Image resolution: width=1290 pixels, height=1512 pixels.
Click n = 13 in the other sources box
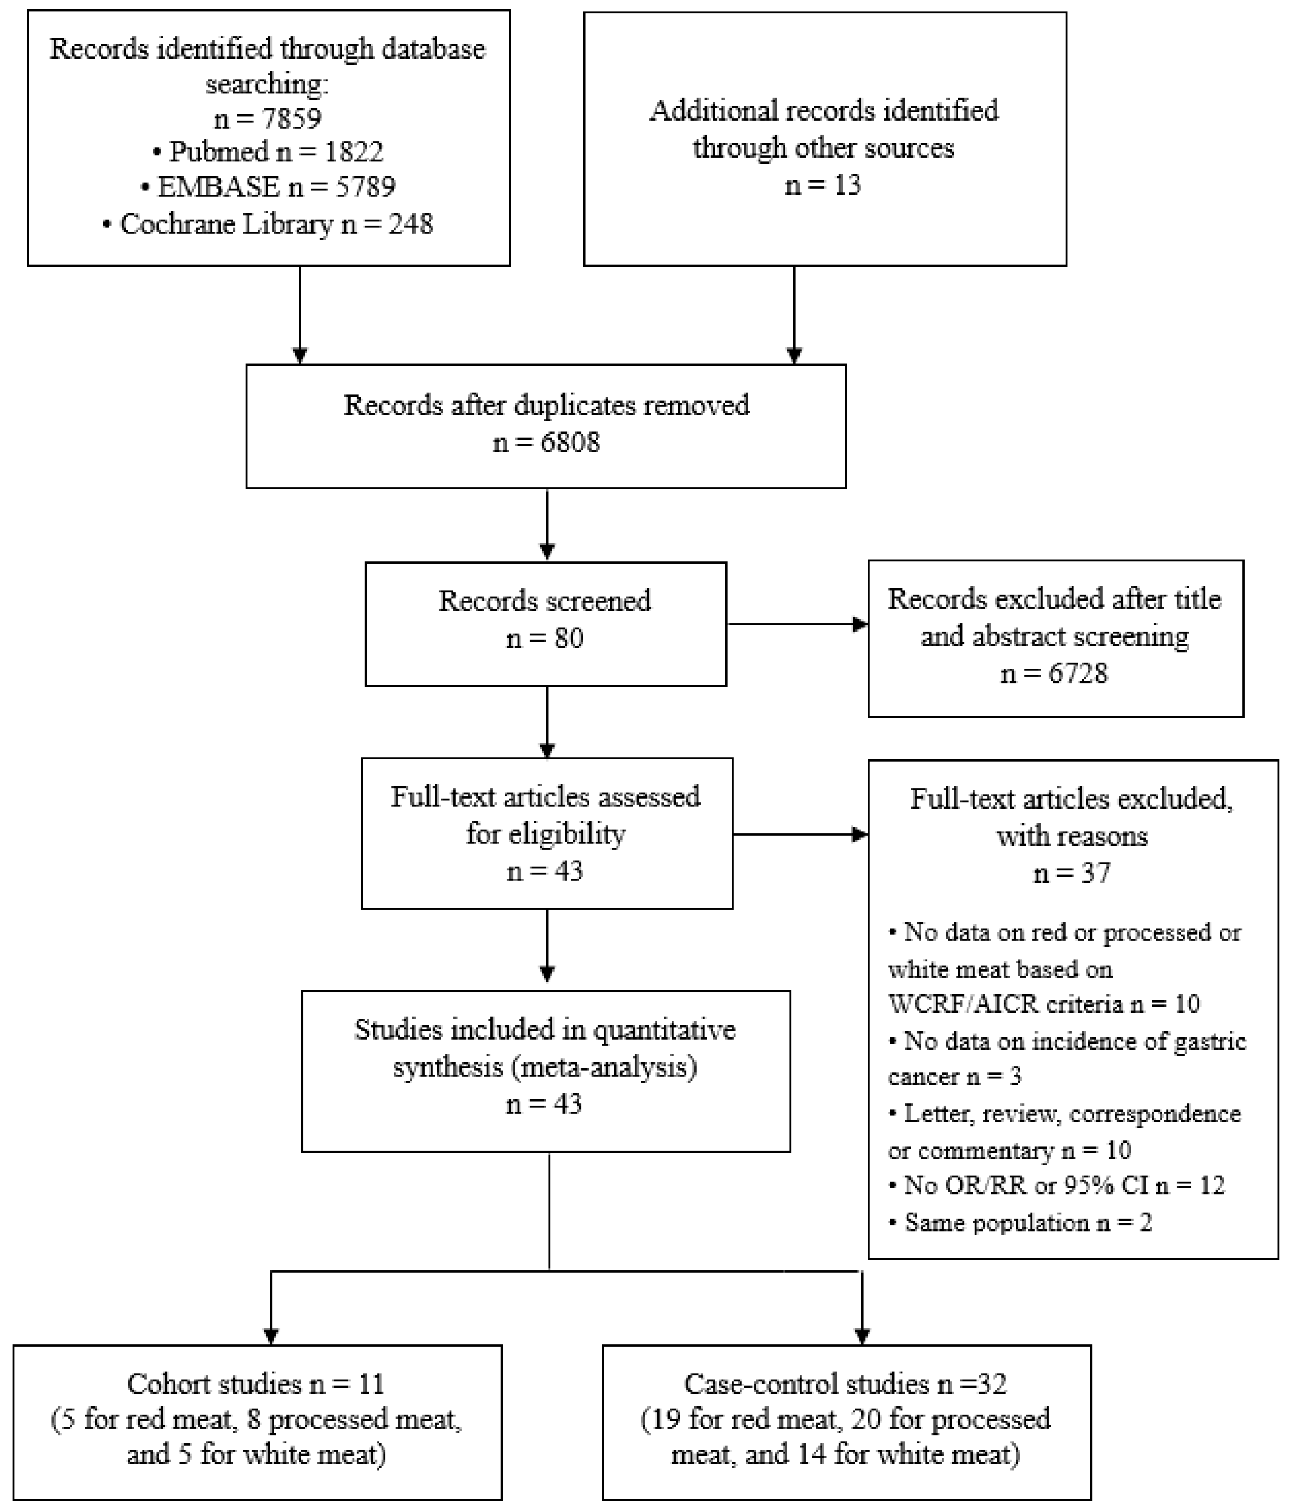[823, 185]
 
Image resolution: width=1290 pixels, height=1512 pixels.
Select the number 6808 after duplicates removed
[571, 442]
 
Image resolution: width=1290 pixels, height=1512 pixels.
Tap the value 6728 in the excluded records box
[1078, 673]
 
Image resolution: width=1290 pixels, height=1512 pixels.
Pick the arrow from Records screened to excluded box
[797, 624]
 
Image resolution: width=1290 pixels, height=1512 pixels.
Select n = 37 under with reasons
[1072, 873]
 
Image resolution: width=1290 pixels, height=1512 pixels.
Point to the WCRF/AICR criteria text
[1005, 1004]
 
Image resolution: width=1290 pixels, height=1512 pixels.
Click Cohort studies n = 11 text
[255, 1384]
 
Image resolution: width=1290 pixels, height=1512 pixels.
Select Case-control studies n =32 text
[845, 1384]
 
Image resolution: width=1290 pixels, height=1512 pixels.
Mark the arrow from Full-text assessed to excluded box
[800, 834]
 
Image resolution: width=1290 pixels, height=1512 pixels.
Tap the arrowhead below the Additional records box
[794, 356]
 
